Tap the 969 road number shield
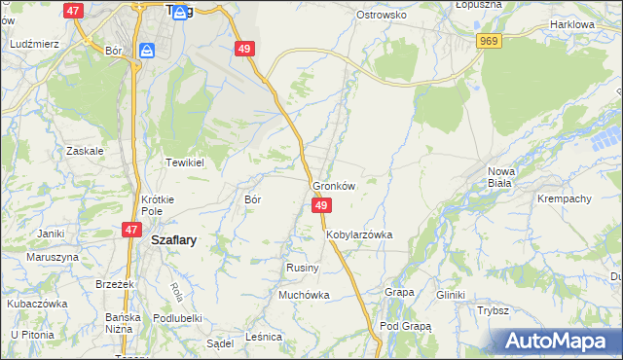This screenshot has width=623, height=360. tap(490, 41)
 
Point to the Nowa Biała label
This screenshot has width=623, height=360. tap(501, 177)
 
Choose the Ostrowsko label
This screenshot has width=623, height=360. tap(381, 16)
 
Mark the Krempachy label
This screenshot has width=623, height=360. tap(565, 198)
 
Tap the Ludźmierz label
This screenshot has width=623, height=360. tap(34, 45)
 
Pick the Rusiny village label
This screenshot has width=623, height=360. tap(298, 267)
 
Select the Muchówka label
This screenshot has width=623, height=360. tap(305, 295)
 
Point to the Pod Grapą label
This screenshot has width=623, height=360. tap(405, 326)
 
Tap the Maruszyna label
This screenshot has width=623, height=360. tap(52, 257)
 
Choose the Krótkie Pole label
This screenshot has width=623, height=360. tap(158, 204)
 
